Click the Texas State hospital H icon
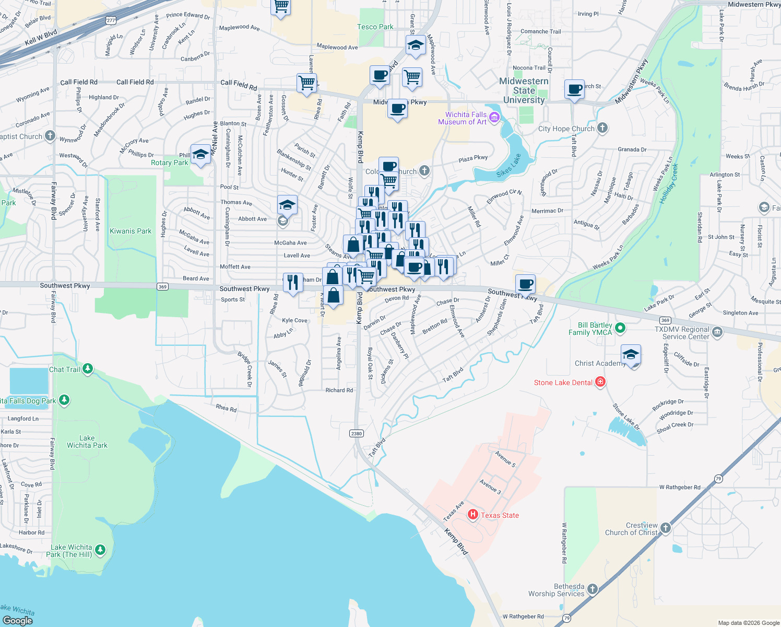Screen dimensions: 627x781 tap(473, 515)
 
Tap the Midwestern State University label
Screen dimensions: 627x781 tap(524, 90)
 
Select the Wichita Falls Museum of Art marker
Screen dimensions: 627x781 tap(495, 118)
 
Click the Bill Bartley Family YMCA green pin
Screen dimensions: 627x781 tap(620, 328)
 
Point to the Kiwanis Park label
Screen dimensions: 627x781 tap(131, 231)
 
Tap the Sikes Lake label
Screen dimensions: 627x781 tap(508, 166)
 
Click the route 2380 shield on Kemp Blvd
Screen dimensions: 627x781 tap(357, 433)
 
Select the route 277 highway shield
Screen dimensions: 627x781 tap(111, 20)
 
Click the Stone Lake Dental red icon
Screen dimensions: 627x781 tap(600, 382)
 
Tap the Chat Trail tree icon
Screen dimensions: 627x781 tap(88, 369)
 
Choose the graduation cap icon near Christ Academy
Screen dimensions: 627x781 tap(631, 354)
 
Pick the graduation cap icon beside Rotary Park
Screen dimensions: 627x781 tap(200, 154)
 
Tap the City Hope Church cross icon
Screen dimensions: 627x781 tap(602, 128)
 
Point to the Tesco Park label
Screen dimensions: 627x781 tap(375, 27)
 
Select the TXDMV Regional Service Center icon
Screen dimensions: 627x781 tap(717, 332)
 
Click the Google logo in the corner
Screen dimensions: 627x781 tap(18, 620)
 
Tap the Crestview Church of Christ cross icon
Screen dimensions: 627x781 tap(665, 528)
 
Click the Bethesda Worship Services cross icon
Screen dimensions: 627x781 tap(592, 589)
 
